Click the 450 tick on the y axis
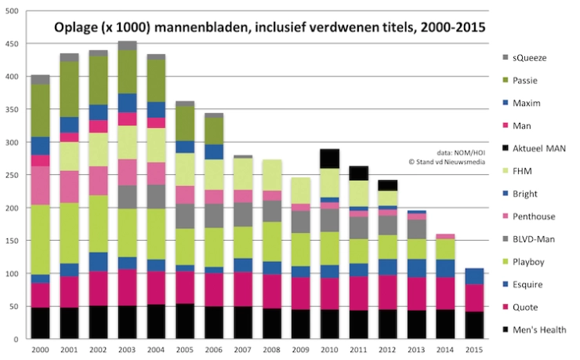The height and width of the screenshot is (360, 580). (x=16, y=44)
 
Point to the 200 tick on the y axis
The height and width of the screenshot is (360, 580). (x=16, y=209)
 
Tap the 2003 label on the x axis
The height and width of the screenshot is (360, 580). (x=127, y=350)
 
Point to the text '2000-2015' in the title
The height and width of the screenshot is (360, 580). (x=448, y=27)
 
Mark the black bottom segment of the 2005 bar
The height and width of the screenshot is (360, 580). (x=186, y=322)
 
